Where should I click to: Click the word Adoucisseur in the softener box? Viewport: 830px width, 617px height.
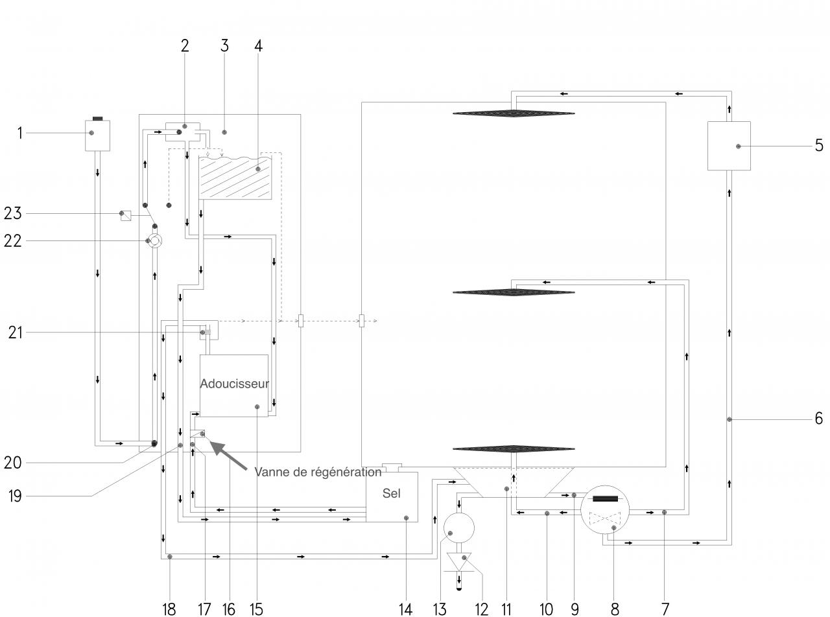234,384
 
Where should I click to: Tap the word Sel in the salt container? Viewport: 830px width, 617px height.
391,493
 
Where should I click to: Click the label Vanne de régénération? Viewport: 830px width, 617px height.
318,472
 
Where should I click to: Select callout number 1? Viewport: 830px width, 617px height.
19,134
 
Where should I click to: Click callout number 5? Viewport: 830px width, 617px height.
819,146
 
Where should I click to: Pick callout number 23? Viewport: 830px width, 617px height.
13,213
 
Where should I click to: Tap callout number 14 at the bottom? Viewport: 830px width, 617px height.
405,609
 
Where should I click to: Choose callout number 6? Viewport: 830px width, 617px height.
819,419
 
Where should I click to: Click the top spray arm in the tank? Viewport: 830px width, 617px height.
514,113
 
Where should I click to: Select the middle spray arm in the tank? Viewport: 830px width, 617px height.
514,292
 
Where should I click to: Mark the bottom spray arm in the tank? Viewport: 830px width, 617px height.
514,448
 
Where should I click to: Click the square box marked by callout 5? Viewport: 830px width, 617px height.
729,146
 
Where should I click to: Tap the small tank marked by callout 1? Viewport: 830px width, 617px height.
97,135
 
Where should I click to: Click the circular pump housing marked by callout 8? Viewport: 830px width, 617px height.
605,510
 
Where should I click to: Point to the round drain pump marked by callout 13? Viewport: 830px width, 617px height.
459,527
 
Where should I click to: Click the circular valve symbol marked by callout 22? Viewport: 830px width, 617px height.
154,241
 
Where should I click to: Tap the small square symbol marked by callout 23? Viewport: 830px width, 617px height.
126,216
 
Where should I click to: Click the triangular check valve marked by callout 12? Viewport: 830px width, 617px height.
459,560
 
